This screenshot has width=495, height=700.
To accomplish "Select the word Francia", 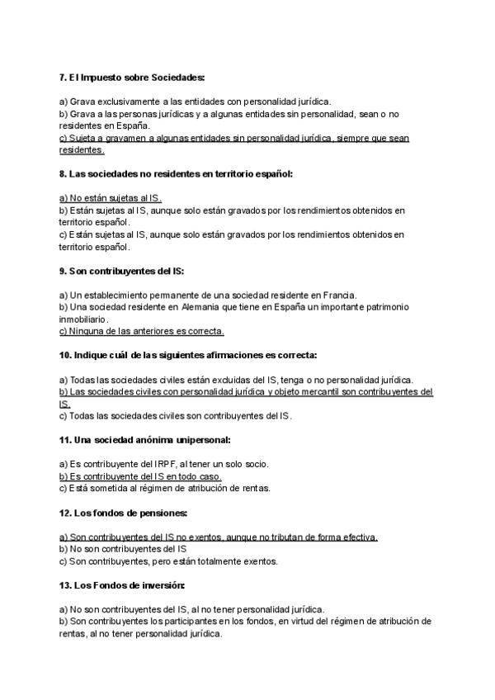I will coord(350,295).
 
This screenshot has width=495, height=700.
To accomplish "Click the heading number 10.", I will coord(65,355).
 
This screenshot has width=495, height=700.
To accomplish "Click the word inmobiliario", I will coord(83,319).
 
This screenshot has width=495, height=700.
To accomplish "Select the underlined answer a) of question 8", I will coord(111,198).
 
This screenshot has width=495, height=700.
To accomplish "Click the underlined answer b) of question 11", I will coord(140,476).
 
